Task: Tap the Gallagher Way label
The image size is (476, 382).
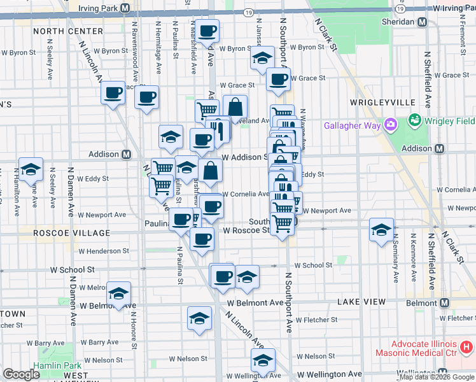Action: (x=353, y=125)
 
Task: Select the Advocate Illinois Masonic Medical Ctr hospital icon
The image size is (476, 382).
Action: (x=466, y=348)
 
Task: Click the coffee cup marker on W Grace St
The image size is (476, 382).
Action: (x=278, y=79)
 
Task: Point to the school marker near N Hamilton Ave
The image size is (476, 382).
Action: (x=31, y=169)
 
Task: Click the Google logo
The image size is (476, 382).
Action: (x=21, y=374)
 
